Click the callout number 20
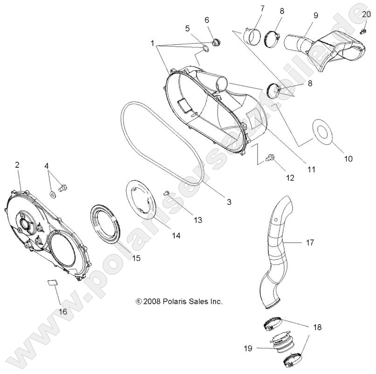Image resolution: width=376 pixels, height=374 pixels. coord(366,14)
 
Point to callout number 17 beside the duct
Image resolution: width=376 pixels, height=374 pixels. coord(310,243)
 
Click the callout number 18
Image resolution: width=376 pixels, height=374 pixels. coord(317,327)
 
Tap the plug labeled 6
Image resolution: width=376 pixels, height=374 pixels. coord(215,43)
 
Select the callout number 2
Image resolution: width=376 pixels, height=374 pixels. coord(17,164)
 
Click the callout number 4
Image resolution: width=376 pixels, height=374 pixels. coord(47,165)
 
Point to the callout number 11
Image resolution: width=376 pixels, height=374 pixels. coord(310,170)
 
